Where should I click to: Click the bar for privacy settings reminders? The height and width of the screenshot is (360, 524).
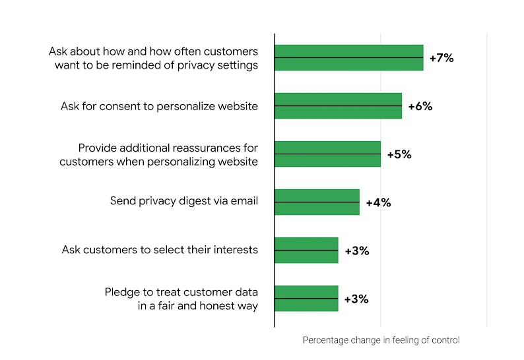coord(348,57)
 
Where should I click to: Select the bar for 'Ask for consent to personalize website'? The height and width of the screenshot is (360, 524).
coord(338,105)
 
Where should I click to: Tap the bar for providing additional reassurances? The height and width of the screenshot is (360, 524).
coord(327,154)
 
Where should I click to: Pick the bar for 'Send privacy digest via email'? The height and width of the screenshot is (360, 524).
coord(317,202)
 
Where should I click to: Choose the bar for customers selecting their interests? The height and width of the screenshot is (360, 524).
coord(306,250)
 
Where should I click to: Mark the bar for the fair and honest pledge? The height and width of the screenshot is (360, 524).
coord(306,298)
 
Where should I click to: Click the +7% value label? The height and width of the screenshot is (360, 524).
coord(442,58)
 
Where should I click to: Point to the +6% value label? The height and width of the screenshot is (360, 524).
coord(420,106)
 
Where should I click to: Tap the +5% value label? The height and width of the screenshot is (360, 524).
coord(399,154)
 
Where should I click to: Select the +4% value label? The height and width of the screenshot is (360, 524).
coord(378,202)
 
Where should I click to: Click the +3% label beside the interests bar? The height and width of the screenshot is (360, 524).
coord(357,251)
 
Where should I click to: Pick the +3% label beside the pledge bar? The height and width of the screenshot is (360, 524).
coord(357,299)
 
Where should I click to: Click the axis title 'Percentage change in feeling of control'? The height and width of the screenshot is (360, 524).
coord(381,340)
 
